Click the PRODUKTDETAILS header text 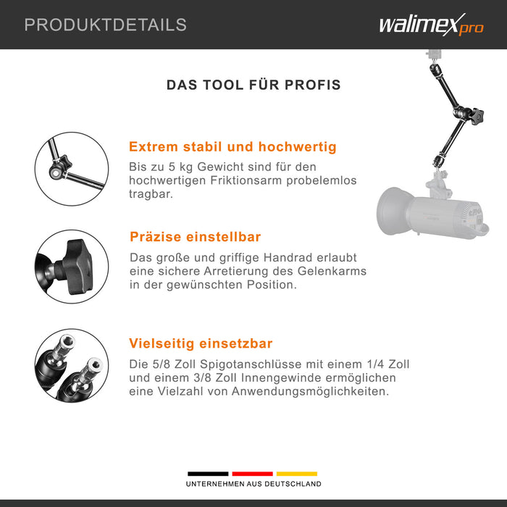[x=106, y=25]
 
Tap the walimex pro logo [x=432, y=25]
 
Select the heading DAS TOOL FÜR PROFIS [x=253, y=85]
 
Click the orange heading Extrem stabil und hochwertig [x=232, y=147]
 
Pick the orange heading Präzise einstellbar [x=195, y=237]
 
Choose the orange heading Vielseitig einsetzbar [x=201, y=343]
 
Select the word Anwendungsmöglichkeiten [x=310, y=392]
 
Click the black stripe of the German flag [x=208, y=474]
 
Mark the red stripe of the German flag [x=252, y=474]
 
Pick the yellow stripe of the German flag [x=296, y=474]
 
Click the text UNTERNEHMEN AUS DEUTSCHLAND [x=253, y=484]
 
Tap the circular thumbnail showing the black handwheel [x=72, y=267]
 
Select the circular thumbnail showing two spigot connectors [x=72, y=366]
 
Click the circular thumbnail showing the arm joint [x=72, y=169]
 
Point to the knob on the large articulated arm [x=477, y=117]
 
